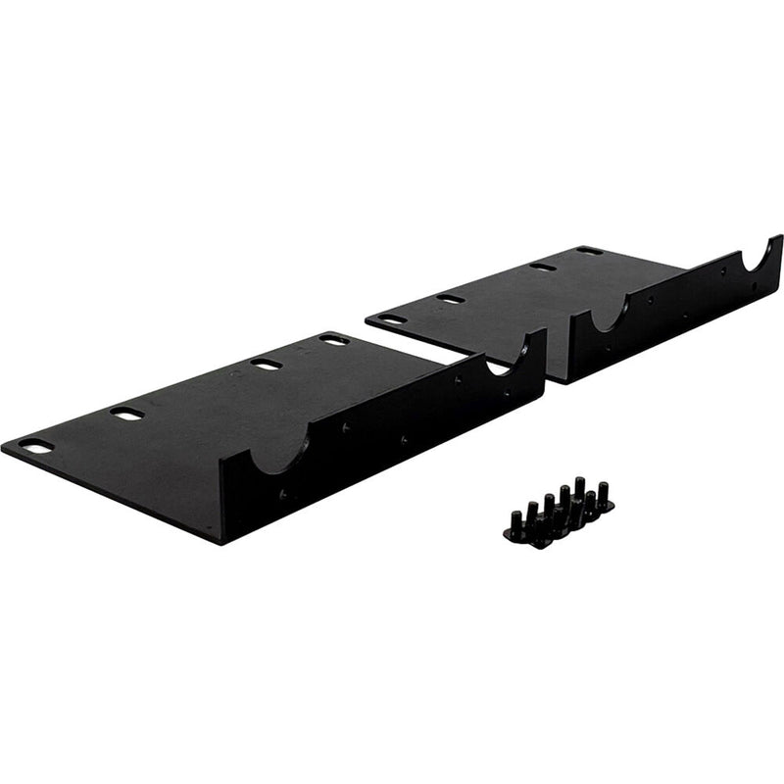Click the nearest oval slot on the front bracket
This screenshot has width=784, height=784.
click(36, 446)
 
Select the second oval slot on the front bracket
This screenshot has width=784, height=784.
click(126, 414)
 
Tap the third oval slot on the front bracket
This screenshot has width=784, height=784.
click(265, 365)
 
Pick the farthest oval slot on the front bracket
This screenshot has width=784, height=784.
click(334, 340)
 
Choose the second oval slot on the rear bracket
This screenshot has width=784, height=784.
click(451, 298)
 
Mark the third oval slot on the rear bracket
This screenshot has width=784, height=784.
click(542, 267)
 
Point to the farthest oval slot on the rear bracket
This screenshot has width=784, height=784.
click(589, 251)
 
